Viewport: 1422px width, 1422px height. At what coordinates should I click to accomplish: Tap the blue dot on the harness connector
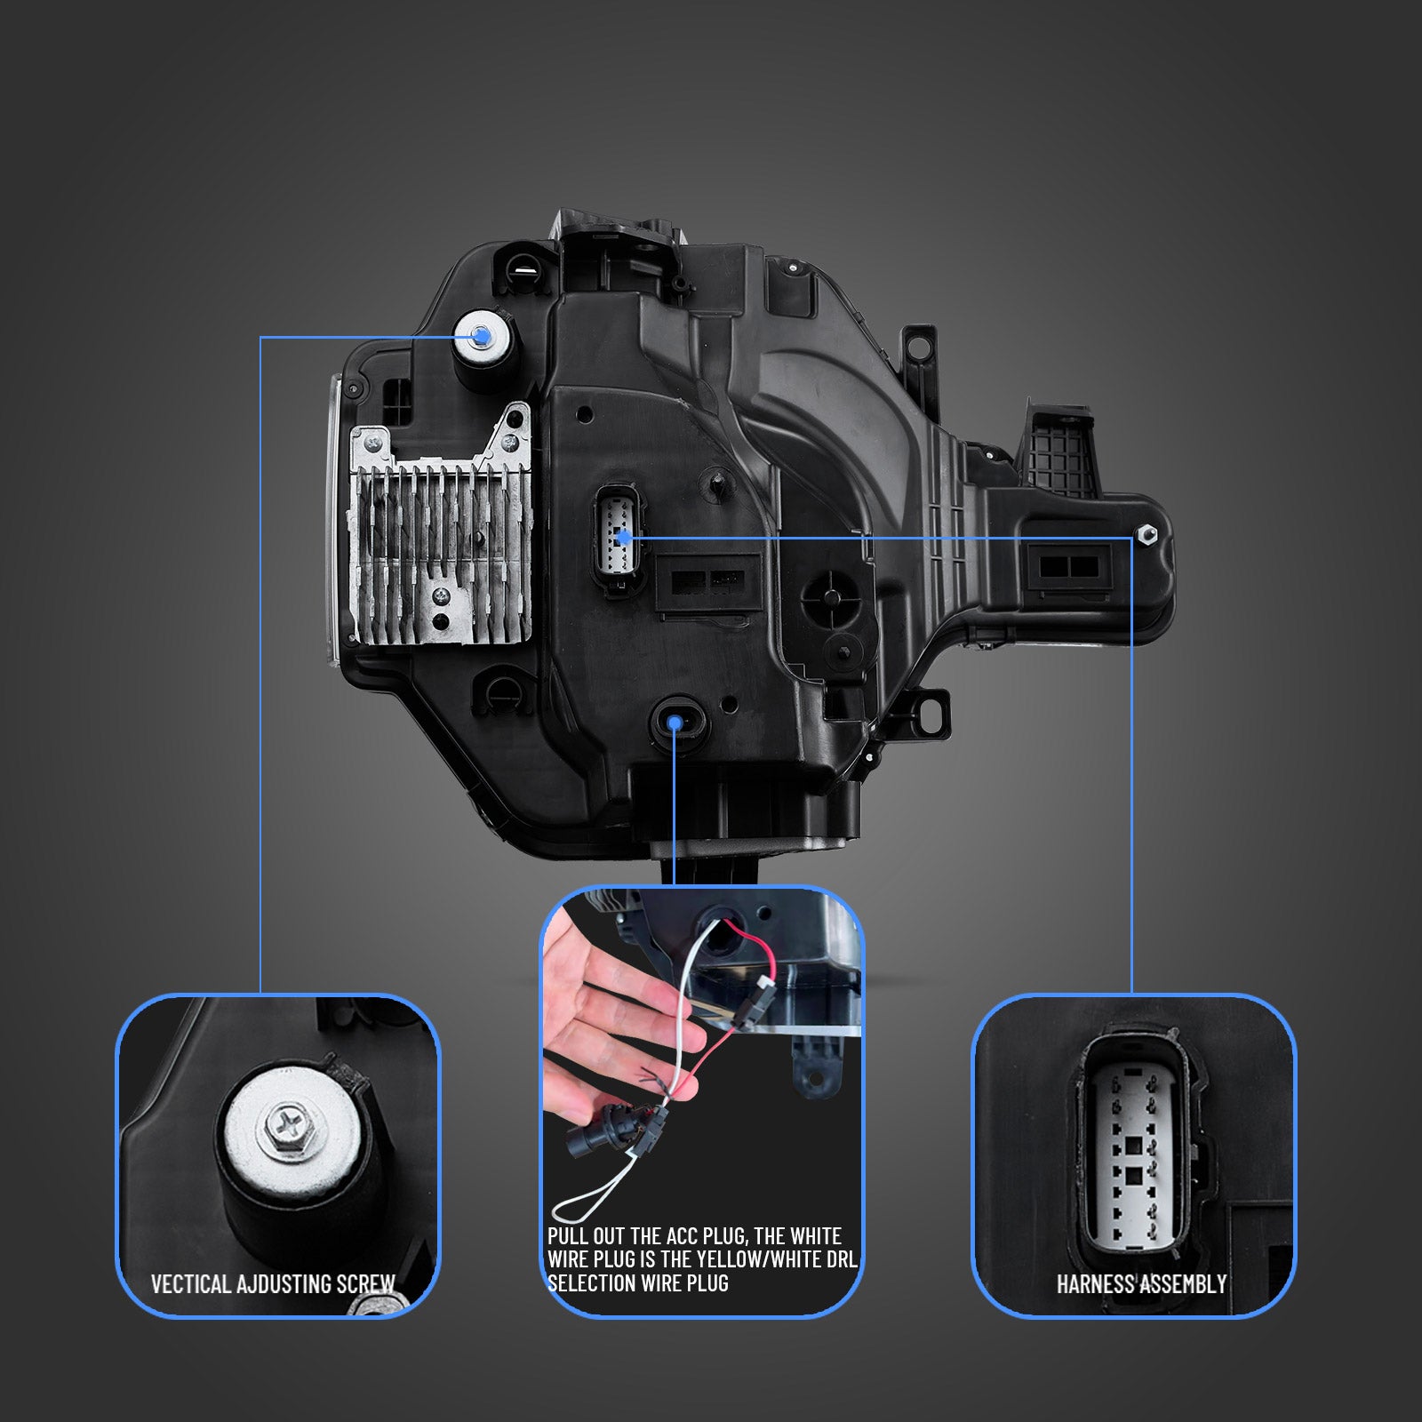624,536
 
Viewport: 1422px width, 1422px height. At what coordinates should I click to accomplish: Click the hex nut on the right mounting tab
1145,535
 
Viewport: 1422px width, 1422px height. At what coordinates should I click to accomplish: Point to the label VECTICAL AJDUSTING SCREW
273,1283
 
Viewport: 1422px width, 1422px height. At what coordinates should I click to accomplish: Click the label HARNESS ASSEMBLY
1141,1283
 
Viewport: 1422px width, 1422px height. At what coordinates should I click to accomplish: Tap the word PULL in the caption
567,1236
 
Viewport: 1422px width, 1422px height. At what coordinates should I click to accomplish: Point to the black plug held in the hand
596,1134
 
